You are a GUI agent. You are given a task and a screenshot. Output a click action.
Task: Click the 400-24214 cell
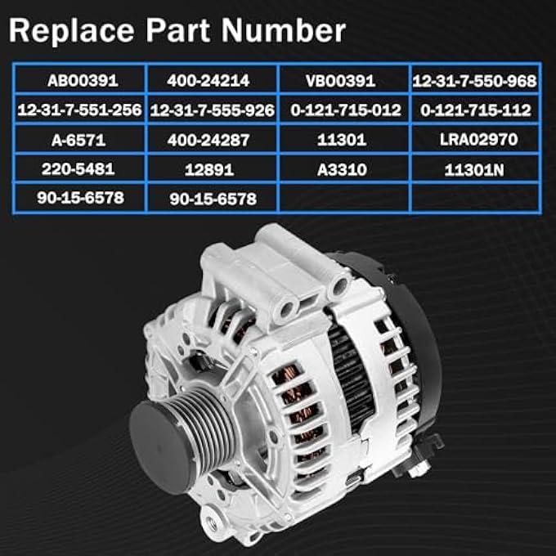212,80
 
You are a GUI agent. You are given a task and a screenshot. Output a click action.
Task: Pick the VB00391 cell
344,80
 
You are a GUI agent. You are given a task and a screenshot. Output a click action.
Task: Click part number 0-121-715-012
344,110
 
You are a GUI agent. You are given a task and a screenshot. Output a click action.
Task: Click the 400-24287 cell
212,139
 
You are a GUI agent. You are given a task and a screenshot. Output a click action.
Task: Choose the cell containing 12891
212,168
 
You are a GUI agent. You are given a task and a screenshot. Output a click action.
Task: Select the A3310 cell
344,168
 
